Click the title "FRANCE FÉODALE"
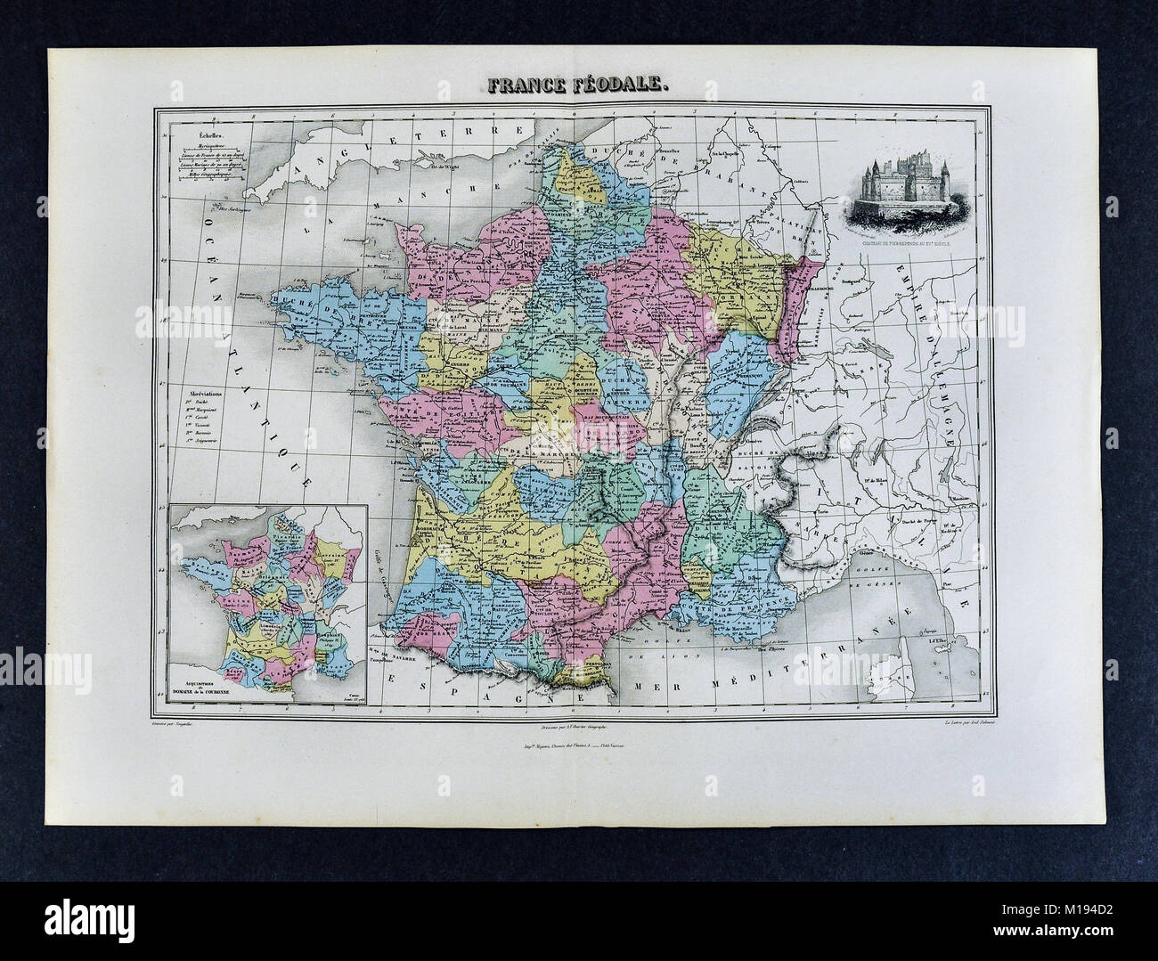pos(579,86)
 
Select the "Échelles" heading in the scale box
pos(187,134)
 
